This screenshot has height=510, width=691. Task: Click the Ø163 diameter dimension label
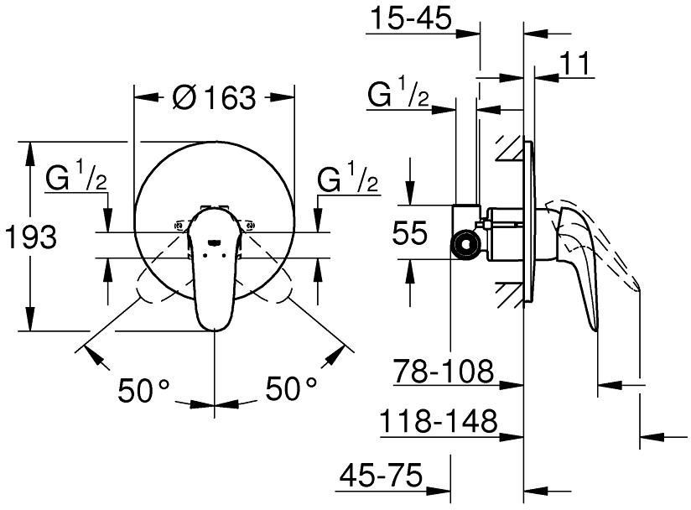pyautogui.click(x=213, y=98)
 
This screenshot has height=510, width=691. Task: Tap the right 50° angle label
pyautogui.click(x=291, y=388)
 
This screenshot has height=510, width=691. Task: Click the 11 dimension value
pyautogui.click(x=574, y=63)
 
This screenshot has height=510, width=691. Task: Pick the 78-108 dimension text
pyautogui.click(x=444, y=369)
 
